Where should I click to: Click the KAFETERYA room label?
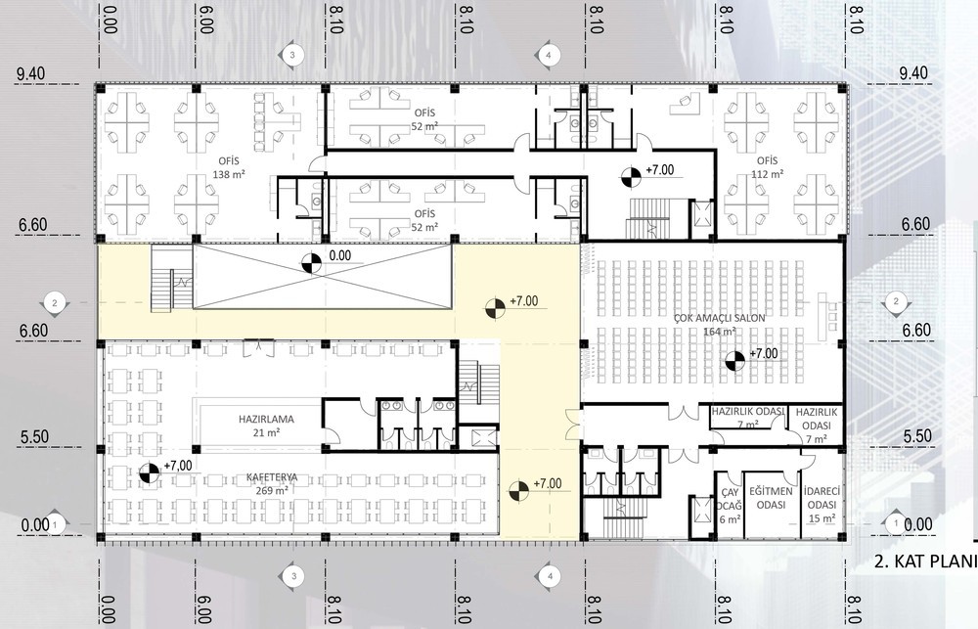coord(271,477)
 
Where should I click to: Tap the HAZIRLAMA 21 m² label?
coord(266,426)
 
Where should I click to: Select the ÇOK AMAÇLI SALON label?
coord(719,318)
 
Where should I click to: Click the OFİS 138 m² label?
coord(228,168)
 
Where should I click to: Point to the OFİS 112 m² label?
coord(767,167)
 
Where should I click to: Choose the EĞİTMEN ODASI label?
coord(771,498)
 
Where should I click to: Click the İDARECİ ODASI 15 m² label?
coord(822,504)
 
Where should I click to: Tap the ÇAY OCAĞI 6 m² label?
coord(730,506)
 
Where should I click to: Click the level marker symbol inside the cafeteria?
coord(149,472)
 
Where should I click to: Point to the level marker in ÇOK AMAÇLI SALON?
coord(734,360)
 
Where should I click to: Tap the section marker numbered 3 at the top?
coord(291,55)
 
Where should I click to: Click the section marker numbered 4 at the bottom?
coord(549,576)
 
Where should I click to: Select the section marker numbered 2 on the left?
coord(54,303)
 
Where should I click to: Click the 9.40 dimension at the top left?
coord(31,73)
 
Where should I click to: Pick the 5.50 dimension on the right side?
coord(917,435)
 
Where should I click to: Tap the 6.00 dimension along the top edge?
coord(204,20)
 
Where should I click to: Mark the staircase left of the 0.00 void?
coord(171,279)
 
